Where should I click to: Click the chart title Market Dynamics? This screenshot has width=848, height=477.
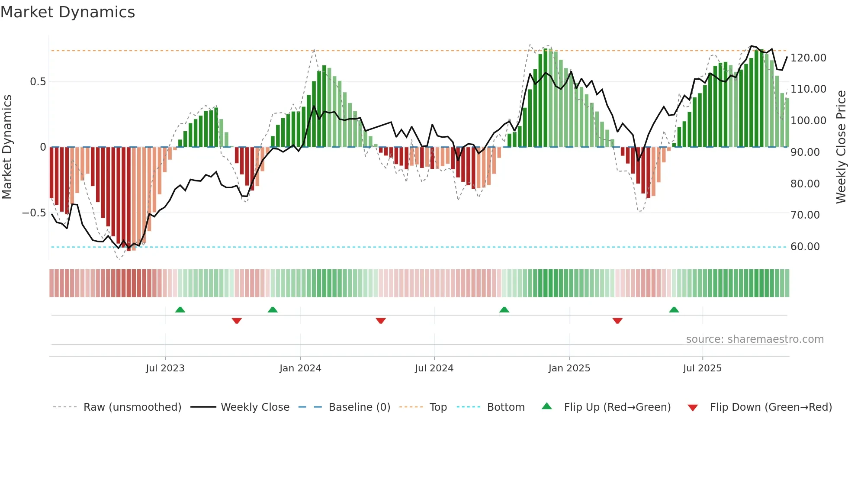(68, 12)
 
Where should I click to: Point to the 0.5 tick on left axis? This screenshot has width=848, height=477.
(38, 82)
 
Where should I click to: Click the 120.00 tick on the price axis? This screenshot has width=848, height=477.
(808, 58)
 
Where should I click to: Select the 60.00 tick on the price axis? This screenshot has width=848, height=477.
(805, 247)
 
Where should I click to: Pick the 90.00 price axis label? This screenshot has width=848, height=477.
(805, 152)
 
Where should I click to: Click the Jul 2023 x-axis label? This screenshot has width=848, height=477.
(165, 368)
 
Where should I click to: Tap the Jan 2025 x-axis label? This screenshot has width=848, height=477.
(569, 368)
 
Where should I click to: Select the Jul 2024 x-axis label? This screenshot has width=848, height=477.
(434, 368)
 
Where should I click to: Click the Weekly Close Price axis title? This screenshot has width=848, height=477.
(841, 147)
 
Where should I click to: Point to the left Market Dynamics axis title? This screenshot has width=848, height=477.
(7, 147)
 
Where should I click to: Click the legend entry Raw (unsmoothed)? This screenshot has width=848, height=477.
(132, 407)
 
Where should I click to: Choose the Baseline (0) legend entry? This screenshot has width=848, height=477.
(359, 407)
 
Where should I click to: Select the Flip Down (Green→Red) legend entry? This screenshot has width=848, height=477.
(771, 407)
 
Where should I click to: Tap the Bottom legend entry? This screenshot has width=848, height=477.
(505, 407)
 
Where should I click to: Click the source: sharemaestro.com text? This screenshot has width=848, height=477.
(755, 339)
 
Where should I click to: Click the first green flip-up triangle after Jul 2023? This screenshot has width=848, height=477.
(180, 309)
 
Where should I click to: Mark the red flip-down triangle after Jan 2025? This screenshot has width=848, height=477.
(617, 321)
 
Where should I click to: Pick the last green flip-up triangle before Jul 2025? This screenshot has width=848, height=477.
(674, 309)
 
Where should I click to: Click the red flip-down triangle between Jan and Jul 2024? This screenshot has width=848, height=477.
(381, 321)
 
